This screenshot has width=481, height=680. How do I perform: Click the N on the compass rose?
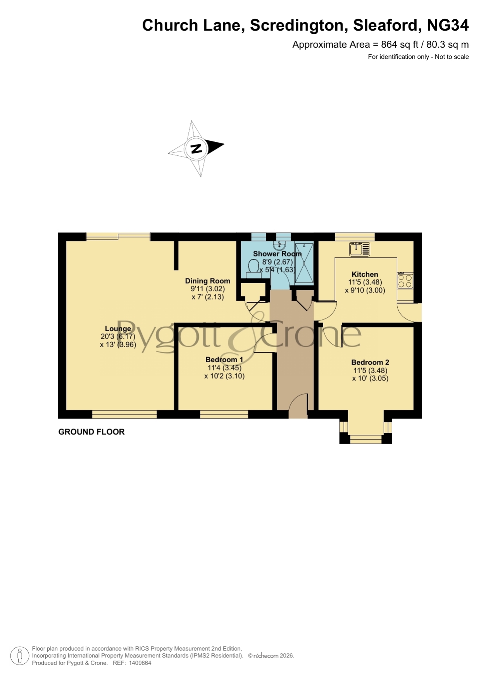tap(197, 148)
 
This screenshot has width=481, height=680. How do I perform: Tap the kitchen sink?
tap(360, 249)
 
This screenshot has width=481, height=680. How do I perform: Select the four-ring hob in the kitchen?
tap(405, 281)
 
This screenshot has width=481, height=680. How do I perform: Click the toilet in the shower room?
tap(253, 269)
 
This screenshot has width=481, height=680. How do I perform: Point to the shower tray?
tap(304, 263)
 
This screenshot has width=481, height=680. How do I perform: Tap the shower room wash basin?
tap(279, 246)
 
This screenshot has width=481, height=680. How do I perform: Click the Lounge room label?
tap(118, 329)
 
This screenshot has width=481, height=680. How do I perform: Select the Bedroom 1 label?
tap(224, 360)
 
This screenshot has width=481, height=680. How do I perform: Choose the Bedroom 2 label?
tap(370, 362)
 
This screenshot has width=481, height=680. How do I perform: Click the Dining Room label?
tap(207, 281)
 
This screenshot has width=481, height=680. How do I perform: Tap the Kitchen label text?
tap(365, 274)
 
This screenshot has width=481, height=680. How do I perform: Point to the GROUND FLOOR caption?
tap(91, 432)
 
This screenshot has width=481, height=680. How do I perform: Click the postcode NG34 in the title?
tap(448, 25)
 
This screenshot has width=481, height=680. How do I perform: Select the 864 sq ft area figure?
tap(399, 45)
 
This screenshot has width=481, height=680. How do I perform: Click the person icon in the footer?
tap(19, 656)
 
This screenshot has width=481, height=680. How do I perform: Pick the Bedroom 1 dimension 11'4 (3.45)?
tap(224, 368)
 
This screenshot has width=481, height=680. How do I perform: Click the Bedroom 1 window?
tap(224, 415)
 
